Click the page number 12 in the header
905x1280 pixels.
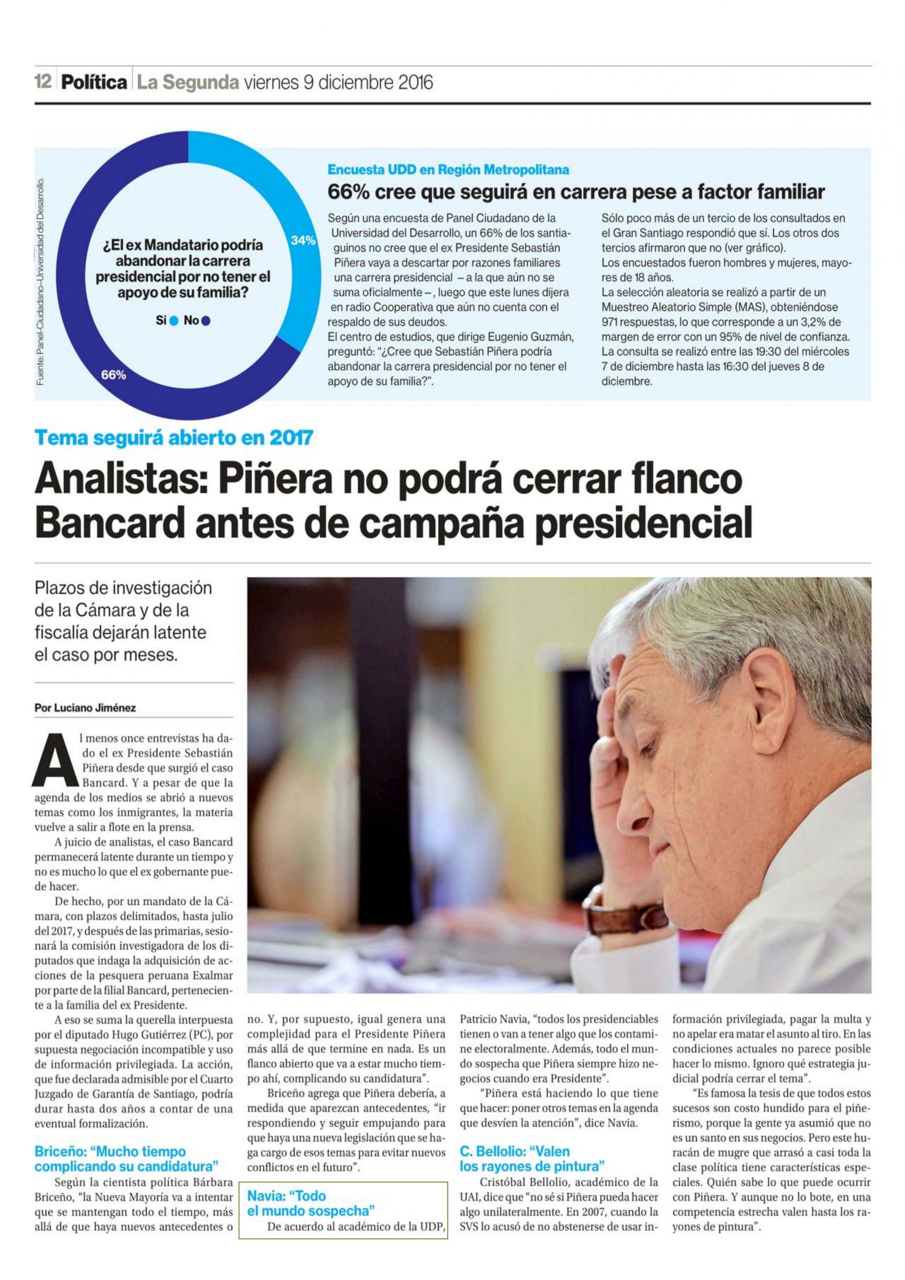click(43, 82)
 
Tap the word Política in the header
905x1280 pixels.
click(94, 83)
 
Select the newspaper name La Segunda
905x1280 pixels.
click(188, 83)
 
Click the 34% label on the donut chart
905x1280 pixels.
click(303, 240)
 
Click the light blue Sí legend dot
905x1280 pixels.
click(174, 321)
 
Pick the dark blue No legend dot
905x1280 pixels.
click(206, 321)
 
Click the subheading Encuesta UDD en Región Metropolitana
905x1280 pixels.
click(448, 169)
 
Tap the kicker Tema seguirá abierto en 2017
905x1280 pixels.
click(173, 437)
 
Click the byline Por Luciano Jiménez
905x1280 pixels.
click(85, 708)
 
